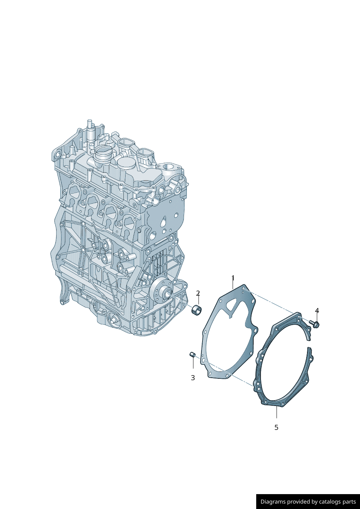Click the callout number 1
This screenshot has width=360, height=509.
pos(233,278)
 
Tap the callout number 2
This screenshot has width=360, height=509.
pos(198,293)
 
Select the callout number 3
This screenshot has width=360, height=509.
pos(193,378)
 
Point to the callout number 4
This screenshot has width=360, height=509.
pos(317,311)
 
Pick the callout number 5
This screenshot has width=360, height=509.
pos(277,427)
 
